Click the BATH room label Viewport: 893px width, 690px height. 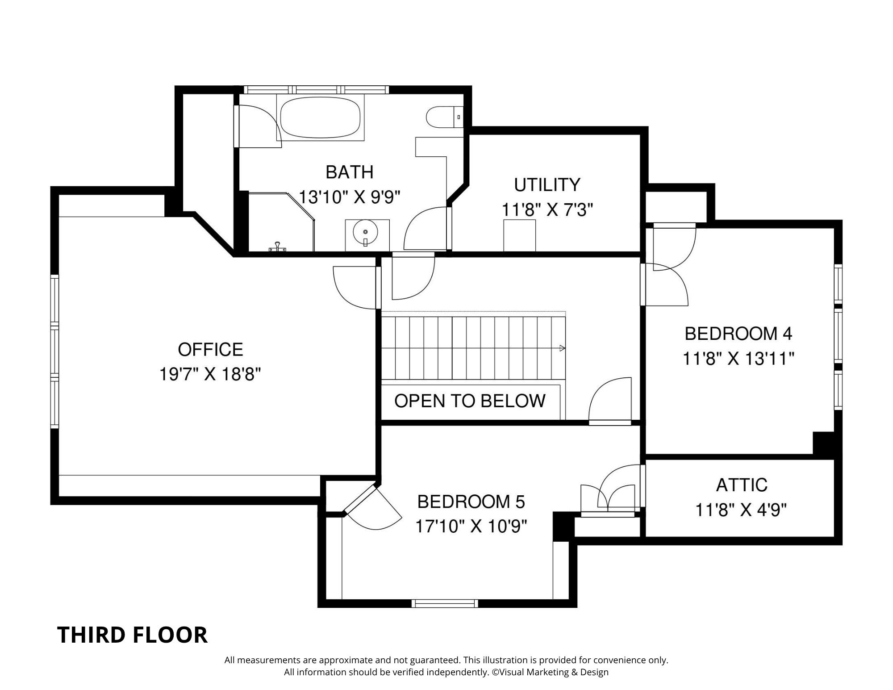[349, 172]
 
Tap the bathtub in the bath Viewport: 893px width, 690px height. [320, 118]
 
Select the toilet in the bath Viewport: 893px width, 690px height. [440, 117]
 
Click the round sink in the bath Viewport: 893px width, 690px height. [365, 232]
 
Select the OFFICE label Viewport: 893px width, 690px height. [210, 349]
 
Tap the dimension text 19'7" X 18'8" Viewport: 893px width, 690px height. [210, 374]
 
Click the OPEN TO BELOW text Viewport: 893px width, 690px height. [470, 401]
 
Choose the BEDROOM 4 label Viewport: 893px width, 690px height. [738, 334]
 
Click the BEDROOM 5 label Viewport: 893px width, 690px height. [471, 502]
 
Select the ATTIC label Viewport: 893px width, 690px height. [742, 485]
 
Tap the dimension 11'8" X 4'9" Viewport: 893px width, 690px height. [741, 510]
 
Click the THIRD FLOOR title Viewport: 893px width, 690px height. [132, 635]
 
